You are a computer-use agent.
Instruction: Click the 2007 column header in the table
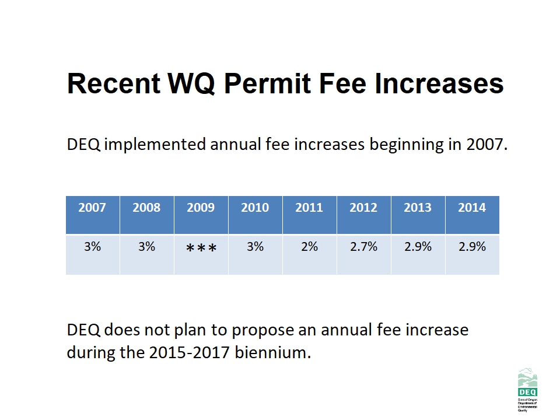click(x=92, y=208)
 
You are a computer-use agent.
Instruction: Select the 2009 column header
click(x=201, y=208)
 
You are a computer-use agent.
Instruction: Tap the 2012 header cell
click(x=363, y=208)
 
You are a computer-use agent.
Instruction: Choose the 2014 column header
click(x=472, y=208)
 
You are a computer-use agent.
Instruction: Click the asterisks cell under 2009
click(x=201, y=249)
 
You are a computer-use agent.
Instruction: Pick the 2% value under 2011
click(x=309, y=247)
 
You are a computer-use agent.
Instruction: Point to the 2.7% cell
click(x=363, y=247)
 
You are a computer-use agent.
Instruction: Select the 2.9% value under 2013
click(x=418, y=247)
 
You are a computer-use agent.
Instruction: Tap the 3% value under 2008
click(x=146, y=247)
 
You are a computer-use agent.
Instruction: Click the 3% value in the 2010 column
click(x=255, y=247)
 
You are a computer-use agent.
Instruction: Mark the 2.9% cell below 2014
click(x=472, y=247)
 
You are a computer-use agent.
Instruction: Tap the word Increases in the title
click(x=439, y=83)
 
